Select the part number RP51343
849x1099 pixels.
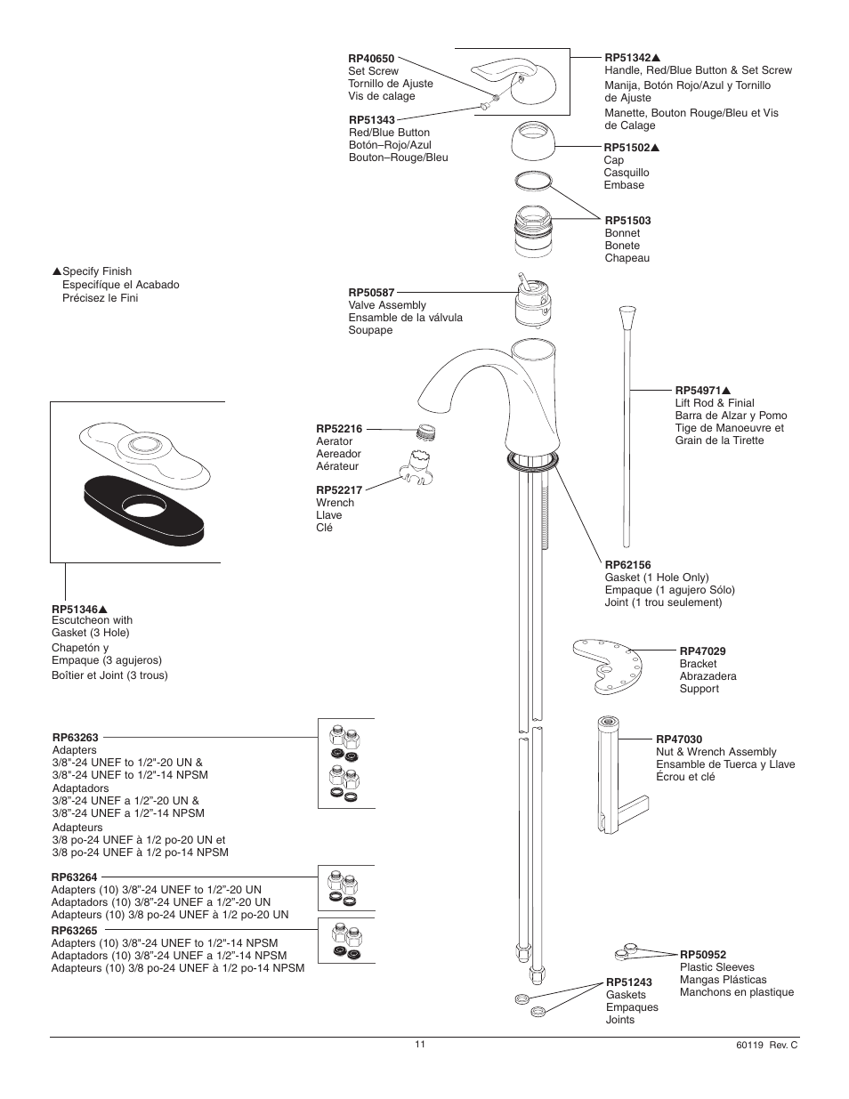point(372,120)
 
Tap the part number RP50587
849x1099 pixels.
point(371,293)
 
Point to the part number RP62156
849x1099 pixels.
point(627,565)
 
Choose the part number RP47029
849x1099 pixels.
point(702,651)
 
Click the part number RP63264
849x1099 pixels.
point(75,877)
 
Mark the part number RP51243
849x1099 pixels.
point(628,982)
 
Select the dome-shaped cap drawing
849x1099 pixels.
point(534,141)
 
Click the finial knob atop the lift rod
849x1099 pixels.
point(627,319)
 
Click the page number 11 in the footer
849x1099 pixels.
point(419,1044)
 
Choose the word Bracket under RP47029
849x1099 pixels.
point(698,664)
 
